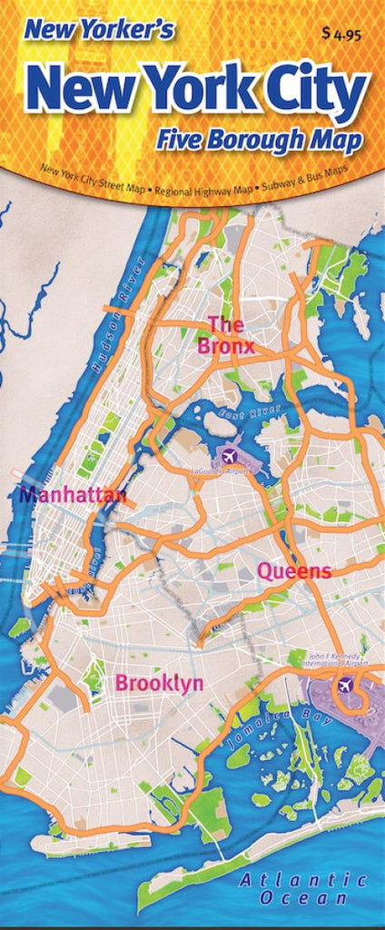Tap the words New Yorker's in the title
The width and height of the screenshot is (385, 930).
coord(99,31)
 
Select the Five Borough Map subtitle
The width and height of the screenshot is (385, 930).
coord(258,141)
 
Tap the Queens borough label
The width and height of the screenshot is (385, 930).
coord(294,571)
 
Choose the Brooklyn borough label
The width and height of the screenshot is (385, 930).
coord(159,684)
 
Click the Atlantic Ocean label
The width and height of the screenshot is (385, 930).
coord(303,882)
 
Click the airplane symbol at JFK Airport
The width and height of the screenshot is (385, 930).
coord(343,685)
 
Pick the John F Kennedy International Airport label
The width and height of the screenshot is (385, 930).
coord(337,660)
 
